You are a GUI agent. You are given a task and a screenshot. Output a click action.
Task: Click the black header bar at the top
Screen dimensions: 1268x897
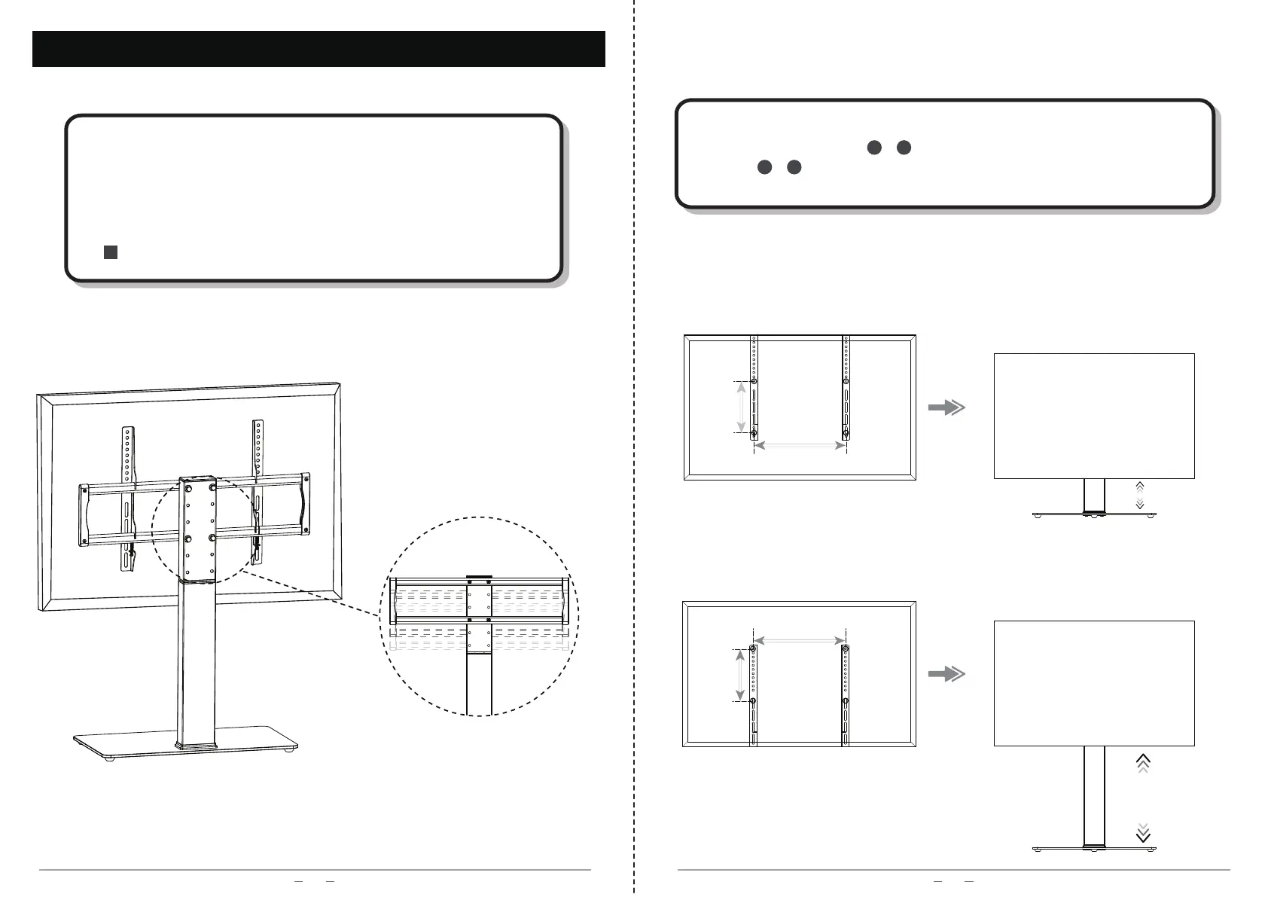(x=319, y=49)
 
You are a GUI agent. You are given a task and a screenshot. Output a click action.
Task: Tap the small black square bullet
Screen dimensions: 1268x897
(x=110, y=252)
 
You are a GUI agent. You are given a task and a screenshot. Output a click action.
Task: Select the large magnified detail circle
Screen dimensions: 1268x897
(x=478, y=615)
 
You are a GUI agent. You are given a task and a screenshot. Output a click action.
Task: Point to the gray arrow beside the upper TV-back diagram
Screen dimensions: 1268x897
(x=946, y=407)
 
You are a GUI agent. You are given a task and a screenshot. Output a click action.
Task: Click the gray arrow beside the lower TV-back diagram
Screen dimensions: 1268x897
(x=946, y=675)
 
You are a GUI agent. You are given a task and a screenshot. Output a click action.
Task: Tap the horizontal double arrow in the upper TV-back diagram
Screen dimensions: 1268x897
(x=800, y=446)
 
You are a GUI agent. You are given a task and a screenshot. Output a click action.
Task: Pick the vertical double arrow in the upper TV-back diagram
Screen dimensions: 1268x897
(x=742, y=407)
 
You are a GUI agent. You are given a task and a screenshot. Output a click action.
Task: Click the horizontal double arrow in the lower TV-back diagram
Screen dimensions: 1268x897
(x=800, y=640)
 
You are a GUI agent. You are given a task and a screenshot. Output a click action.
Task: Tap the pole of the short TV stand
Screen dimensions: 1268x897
(x=1094, y=496)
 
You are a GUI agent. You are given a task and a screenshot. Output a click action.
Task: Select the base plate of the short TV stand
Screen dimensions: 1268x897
(x=1093, y=514)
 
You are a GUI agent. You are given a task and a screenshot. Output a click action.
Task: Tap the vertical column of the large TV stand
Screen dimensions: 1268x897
(x=196, y=663)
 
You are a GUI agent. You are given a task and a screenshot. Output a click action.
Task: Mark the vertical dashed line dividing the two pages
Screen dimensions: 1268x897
(x=634, y=452)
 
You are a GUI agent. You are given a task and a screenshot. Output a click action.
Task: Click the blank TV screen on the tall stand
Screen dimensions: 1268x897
(x=1094, y=682)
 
